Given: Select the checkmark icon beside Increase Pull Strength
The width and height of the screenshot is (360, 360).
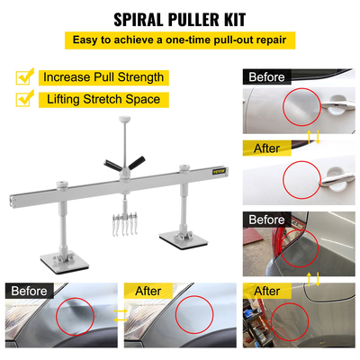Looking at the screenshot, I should tap(25, 76).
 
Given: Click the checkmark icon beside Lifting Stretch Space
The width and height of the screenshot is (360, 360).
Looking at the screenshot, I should tap(25, 101).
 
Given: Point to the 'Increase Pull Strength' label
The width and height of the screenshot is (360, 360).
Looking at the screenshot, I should tap(102, 77).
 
